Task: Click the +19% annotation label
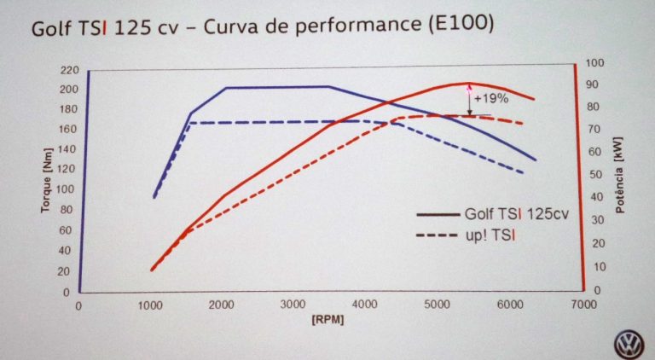pos(491,98)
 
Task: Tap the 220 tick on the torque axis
pos(69,70)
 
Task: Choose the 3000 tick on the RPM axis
pos(293,305)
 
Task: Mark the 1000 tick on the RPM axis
pos(150,305)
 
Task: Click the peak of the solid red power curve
pos(467,83)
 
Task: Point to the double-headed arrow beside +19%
pos(468,99)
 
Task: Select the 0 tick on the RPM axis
pos(78,305)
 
